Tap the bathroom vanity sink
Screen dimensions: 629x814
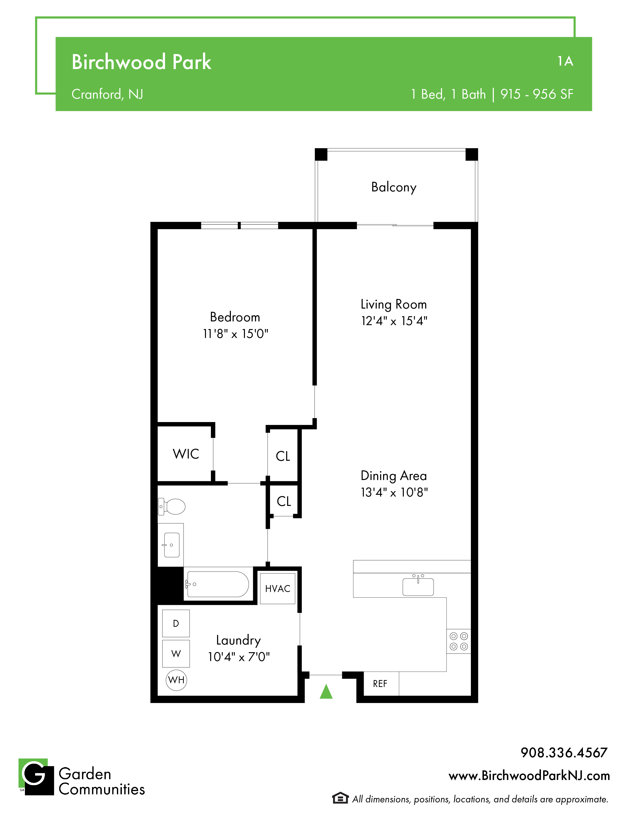(x=171, y=545)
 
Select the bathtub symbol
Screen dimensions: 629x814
(x=217, y=584)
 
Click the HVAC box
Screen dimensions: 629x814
(x=277, y=589)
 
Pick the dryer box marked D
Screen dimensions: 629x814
(x=176, y=623)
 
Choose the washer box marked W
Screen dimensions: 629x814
(x=176, y=653)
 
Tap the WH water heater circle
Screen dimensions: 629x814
(x=176, y=680)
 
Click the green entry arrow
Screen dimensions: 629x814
(x=326, y=691)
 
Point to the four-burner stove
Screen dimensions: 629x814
(x=459, y=641)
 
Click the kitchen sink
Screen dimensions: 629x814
(x=418, y=586)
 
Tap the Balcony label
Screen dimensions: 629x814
(x=394, y=187)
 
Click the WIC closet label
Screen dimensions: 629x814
(x=186, y=454)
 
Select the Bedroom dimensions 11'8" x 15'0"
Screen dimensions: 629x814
(x=236, y=333)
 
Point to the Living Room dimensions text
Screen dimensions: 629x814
(x=394, y=320)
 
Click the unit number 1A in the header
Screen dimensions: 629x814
(x=565, y=61)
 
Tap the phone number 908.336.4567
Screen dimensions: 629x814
(x=564, y=753)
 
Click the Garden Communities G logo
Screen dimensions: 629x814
(x=36, y=777)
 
